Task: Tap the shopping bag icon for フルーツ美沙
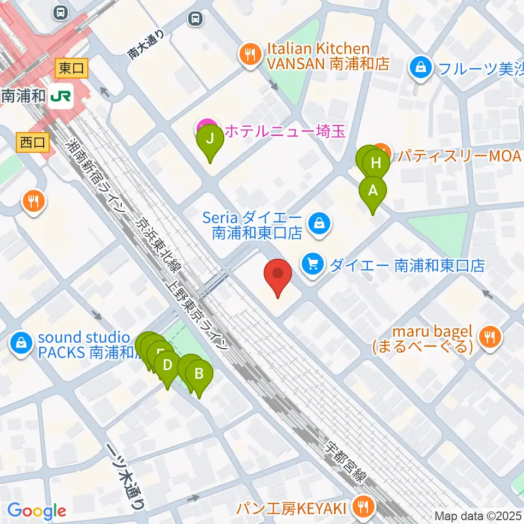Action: coord(421,68)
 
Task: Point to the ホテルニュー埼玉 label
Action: coord(284,131)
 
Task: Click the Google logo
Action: coord(37,511)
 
